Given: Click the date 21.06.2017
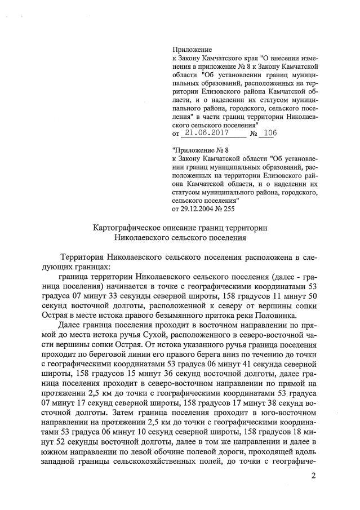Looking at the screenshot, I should (206, 134).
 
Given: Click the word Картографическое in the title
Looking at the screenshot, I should (125, 228).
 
